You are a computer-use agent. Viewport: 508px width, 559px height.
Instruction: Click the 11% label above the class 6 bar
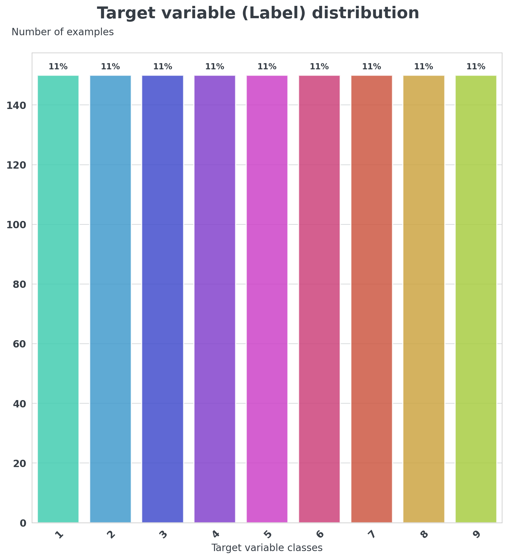pos(319,67)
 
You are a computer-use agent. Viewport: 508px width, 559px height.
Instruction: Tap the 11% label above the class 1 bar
pos(58,67)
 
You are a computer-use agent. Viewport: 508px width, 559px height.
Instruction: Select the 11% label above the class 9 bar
pos(476,67)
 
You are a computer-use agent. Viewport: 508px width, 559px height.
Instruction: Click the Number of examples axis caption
pos(63,32)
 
